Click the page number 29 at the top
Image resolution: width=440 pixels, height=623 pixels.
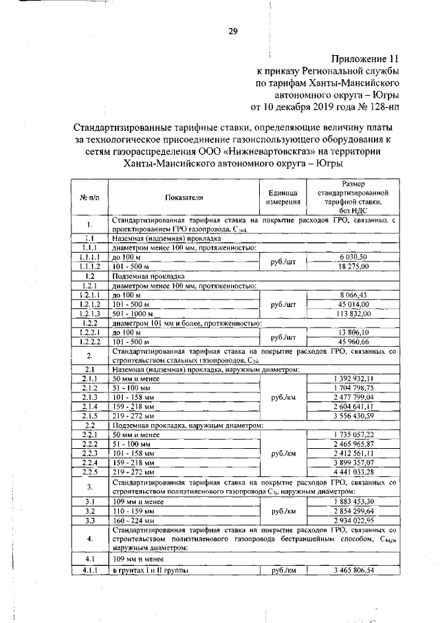click(x=233, y=30)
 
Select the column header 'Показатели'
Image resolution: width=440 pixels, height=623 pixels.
click(x=184, y=197)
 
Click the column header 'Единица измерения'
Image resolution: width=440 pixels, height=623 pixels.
click(x=283, y=197)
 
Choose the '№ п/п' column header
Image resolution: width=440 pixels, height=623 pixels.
click(x=90, y=197)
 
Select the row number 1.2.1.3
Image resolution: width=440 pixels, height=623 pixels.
click(x=90, y=312)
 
